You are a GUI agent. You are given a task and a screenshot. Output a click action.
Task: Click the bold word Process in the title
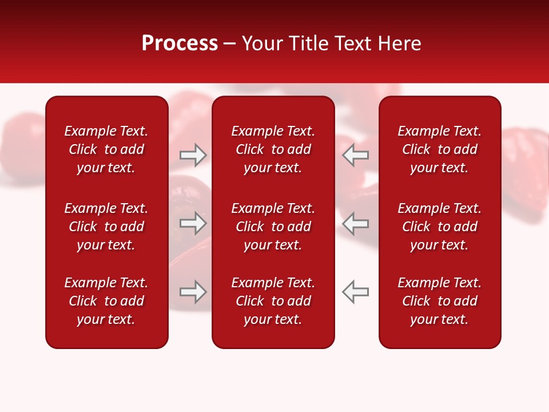pyautogui.click(x=180, y=43)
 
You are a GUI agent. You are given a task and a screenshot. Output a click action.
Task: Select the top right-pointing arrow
pyautogui.click(x=193, y=155)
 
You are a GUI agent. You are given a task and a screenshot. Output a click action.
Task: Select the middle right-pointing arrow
pyautogui.click(x=193, y=223)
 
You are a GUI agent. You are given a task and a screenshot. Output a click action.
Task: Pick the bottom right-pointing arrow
pyautogui.click(x=193, y=292)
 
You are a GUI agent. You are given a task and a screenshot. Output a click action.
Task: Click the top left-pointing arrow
pyautogui.click(x=356, y=155)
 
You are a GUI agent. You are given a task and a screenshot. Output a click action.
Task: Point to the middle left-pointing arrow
pyautogui.click(x=356, y=223)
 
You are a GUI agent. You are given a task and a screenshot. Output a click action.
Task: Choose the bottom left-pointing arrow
pyautogui.click(x=356, y=292)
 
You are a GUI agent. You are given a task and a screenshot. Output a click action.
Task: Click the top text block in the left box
pyautogui.click(x=106, y=149)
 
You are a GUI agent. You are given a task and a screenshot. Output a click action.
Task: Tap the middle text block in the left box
pyautogui.click(x=106, y=227)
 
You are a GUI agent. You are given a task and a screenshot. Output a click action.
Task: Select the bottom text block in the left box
pyautogui.click(x=106, y=301)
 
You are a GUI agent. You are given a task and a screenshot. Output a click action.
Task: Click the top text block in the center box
pyautogui.click(x=273, y=149)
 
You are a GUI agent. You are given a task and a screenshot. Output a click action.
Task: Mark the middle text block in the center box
pyautogui.click(x=273, y=227)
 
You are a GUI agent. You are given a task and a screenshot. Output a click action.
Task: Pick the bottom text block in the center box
pyautogui.click(x=273, y=301)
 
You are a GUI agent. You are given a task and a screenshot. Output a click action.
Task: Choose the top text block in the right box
pyautogui.click(x=440, y=149)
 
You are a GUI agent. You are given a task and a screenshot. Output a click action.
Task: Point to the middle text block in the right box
pyautogui.click(x=440, y=227)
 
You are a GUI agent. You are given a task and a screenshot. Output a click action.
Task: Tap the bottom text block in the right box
pyautogui.click(x=440, y=301)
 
